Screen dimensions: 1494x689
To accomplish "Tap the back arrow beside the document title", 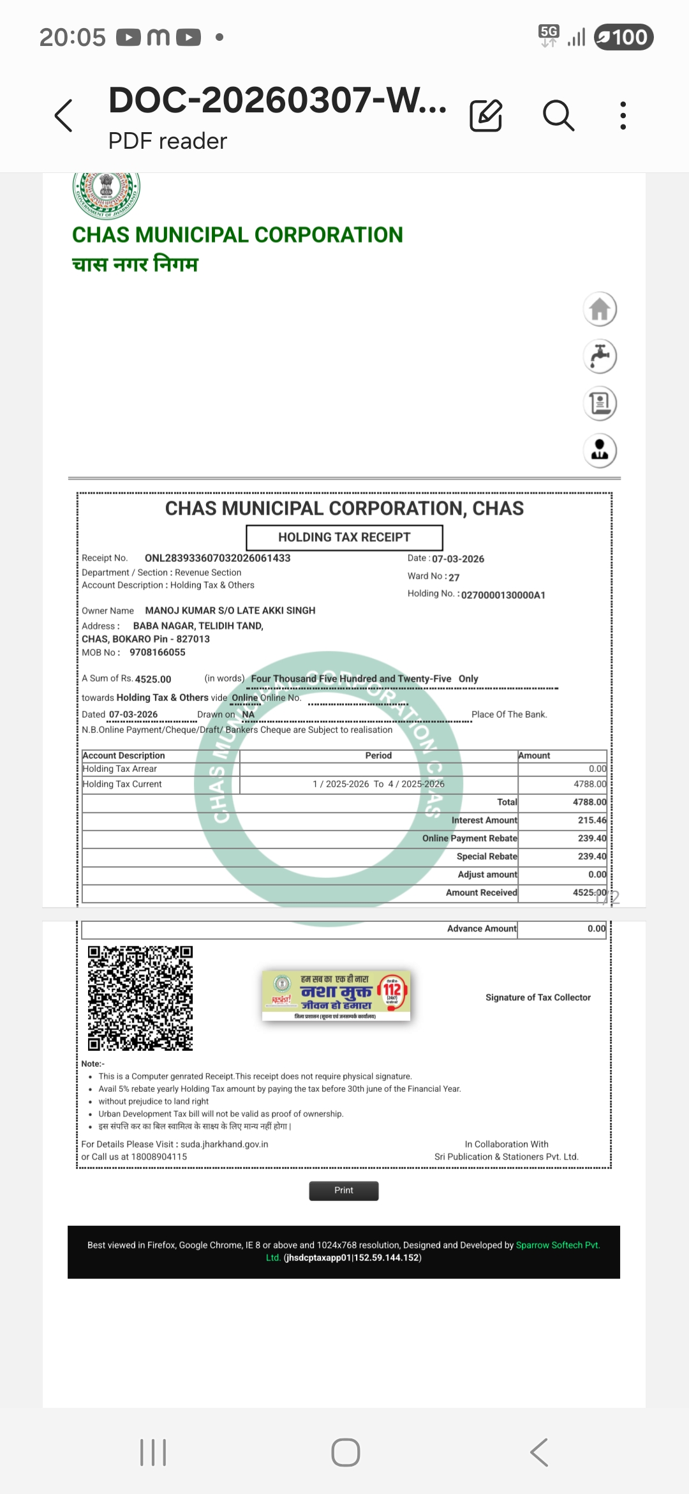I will [64, 116].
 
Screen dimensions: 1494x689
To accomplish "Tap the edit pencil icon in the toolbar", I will [486, 116].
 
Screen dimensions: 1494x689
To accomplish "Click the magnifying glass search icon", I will [558, 116].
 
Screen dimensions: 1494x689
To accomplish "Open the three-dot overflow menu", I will [623, 116].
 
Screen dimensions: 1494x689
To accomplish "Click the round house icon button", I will [600, 310].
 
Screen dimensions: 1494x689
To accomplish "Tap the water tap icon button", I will [600, 356].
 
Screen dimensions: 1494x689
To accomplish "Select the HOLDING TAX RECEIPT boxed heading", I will [344, 538].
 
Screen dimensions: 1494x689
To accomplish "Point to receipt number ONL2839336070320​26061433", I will [218, 558].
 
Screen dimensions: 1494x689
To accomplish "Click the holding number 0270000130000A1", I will [503, 595].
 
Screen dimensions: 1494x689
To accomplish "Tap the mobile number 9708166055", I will [158, 653].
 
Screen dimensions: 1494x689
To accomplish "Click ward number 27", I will [454, 577].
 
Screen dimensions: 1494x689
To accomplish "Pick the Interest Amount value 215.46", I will [592, 820].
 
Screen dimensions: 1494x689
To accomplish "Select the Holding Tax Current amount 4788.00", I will [590, 784].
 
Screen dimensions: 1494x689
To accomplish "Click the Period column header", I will [378, 755].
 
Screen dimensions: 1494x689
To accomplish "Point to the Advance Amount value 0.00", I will [596, 929].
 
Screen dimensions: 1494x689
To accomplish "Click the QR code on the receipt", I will [140, 999].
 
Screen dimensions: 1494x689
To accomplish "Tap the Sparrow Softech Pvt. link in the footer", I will [558, 1245].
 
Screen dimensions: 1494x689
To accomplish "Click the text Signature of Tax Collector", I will [538, 997].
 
